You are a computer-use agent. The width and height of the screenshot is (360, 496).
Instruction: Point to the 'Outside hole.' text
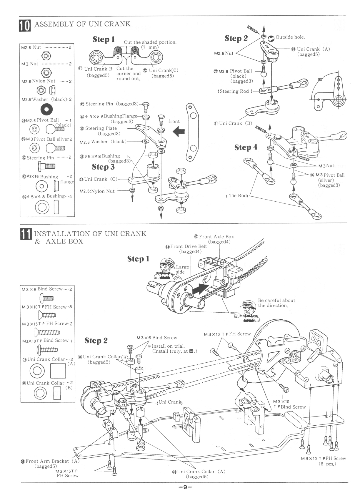point(290,37)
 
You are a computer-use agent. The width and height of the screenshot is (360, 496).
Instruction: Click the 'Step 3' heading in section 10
point(103,167)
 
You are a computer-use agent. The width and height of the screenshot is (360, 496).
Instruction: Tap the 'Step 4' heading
point(246,147)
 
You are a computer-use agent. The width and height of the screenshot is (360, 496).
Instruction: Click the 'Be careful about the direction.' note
point(276,303)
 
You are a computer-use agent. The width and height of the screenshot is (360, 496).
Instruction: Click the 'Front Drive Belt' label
point(188,246)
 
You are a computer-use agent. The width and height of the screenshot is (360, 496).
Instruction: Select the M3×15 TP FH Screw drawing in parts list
point(47,332)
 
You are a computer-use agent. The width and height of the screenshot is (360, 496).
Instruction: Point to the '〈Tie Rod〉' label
point(237,195)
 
